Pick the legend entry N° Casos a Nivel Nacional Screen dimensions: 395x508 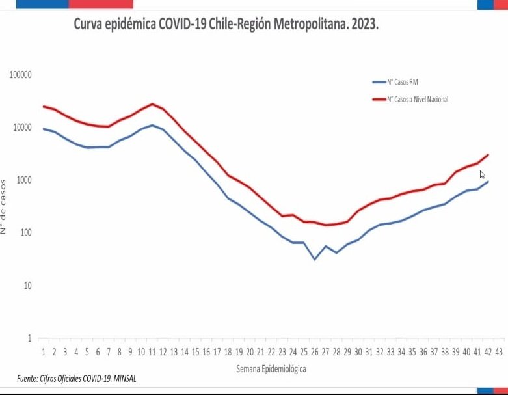417,100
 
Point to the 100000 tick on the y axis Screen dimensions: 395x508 21,75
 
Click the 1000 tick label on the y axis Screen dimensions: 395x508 24,180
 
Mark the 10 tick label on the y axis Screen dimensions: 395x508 27,286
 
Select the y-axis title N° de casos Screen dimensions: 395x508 5,206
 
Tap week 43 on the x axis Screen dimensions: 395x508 498,352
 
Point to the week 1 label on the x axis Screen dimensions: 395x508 44,352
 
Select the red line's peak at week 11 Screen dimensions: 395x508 152,104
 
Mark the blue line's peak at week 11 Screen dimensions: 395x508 152,125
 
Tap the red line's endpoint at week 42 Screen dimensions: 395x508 488,155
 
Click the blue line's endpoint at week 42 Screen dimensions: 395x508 488,182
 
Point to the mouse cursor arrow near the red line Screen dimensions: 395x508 482,174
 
